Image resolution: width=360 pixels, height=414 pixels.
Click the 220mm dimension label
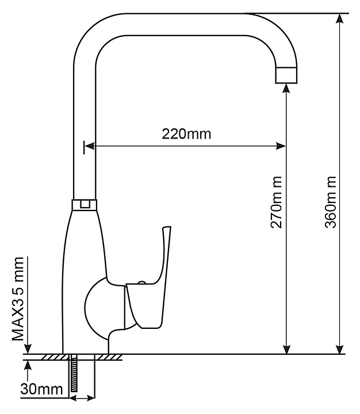186,134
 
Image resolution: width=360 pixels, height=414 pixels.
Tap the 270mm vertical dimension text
276,202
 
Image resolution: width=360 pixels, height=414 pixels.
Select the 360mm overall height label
331,202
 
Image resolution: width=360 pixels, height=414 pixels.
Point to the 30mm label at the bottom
42,389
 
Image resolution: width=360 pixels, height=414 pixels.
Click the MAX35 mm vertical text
18,299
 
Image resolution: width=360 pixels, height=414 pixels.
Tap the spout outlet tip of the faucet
286,75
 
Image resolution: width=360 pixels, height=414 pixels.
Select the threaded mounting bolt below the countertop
74,374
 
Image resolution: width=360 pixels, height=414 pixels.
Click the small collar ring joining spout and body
85,205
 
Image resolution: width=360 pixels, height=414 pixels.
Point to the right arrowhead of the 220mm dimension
281,145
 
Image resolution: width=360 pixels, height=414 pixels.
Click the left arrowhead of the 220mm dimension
90,145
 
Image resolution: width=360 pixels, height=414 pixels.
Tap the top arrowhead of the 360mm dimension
340,19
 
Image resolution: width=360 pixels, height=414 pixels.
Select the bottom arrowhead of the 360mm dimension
340,348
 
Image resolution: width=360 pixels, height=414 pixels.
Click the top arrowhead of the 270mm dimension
286,89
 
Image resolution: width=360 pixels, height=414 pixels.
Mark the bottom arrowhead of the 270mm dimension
286,348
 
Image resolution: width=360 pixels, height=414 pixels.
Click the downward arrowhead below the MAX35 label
28,348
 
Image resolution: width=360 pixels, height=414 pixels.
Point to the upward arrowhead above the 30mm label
28,366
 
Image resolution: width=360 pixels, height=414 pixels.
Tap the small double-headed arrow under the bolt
82,398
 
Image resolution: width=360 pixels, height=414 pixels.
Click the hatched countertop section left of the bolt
55,357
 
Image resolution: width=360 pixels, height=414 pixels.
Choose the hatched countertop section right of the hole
108,357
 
